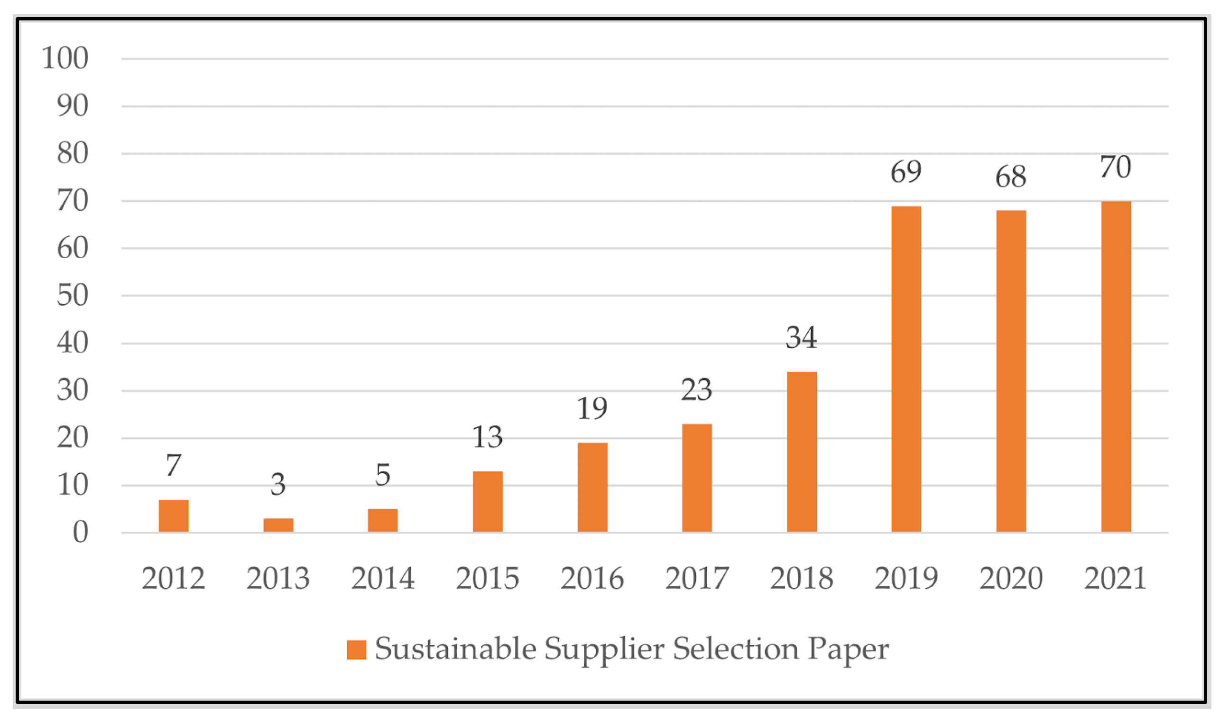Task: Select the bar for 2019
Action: coord(906,368)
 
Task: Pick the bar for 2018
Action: coord(802,451)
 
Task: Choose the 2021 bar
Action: coord(1116,366)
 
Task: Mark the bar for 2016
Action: coord(592,487)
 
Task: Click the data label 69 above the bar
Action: coord(906,172)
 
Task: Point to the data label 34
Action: coord(801,338)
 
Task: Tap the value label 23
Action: coord(696,390)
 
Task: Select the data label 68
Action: coord(1011,177)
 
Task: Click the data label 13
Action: coord(487,437)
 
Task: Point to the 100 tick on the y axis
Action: coord(65,58)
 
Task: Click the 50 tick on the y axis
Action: coord(73,295)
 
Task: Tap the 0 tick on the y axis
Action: coord(81,532)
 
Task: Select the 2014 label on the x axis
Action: coord(383,579)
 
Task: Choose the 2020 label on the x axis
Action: coord(1011,579)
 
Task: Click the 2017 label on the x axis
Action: coord(697,579)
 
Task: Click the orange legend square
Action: coord(357,650)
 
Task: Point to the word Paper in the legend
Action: coord(848,650)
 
